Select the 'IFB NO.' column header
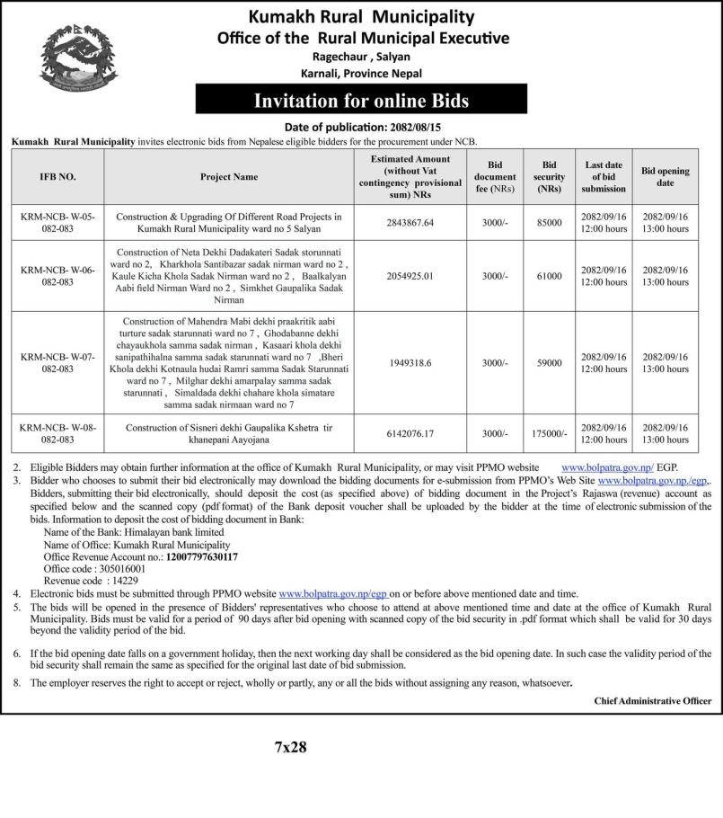point(58,177)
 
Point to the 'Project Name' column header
point(229,177)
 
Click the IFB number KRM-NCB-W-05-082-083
point(58,223)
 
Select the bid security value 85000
point(549,223)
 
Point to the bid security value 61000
point(549,276)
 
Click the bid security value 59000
point(549,362)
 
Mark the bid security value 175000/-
point(549,433)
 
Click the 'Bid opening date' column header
point(666,177)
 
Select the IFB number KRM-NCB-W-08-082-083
point(58,433)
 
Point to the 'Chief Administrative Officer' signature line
point(652,701)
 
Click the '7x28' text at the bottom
point(291,748)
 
